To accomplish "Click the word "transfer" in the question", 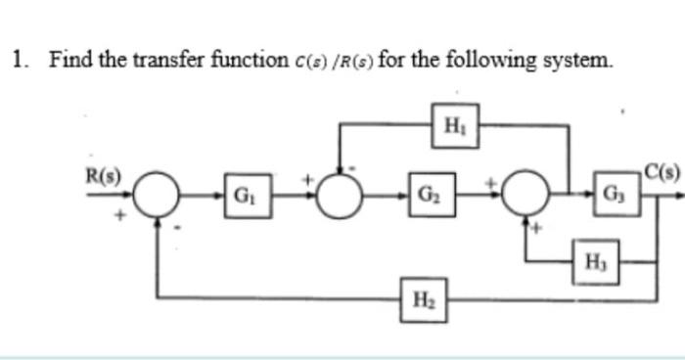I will [149, 60].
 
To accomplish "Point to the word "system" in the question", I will [577, 60].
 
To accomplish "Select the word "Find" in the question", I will [68, 60].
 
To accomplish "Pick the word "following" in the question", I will [482, 60].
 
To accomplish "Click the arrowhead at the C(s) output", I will [677, 194].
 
